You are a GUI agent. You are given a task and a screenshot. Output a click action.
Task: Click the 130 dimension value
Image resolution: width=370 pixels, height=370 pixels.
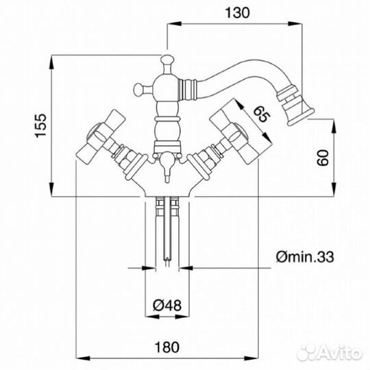coord(237,13)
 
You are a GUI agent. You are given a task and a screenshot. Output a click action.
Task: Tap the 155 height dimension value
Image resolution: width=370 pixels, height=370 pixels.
coord(40,125)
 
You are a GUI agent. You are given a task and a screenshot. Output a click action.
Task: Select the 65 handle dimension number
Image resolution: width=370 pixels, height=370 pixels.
coord(261,114)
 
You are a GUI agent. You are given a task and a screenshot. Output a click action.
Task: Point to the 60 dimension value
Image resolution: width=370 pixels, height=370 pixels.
coord(322,158)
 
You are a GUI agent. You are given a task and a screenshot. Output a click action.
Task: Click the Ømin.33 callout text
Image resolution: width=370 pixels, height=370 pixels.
coord(305,257)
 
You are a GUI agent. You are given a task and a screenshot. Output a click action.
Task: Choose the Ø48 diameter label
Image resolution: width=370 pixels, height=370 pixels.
coord(167,306)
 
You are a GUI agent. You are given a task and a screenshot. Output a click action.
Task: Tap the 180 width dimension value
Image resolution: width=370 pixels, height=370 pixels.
coord(167,347)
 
